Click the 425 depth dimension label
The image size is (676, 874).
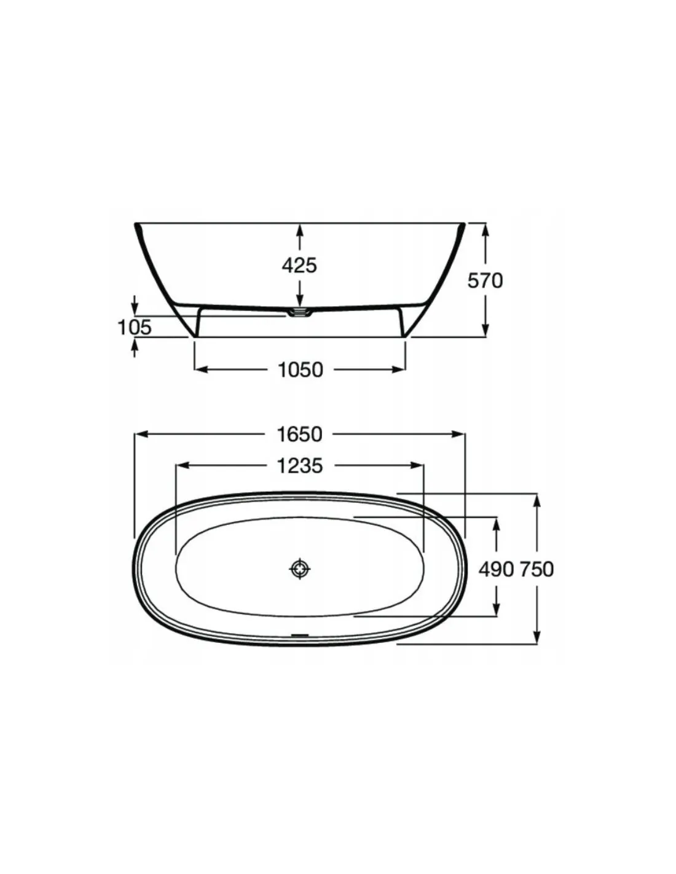(x=299, y=266)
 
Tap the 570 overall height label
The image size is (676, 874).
(x=485, y=280)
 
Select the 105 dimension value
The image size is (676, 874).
(x=135, y=327)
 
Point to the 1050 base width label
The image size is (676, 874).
(x=301, y=370)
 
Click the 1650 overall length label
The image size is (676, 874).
(x=300, y=435)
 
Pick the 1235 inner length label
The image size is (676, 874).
(x=300, y=466)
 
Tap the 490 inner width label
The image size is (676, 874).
(x=496, y=569)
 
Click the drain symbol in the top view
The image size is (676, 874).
(x=300, y=569)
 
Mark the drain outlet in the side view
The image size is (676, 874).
(x=299, y=312)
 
